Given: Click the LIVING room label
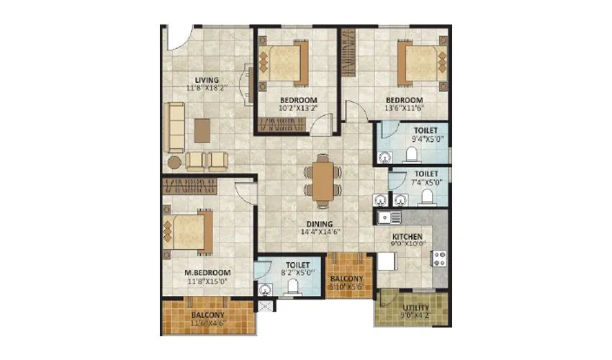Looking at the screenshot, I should tap(206, 79).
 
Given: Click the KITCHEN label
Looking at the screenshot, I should tap(407, 235).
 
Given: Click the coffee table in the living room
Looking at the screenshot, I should tap(202, 130).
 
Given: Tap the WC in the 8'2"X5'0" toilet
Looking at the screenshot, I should tap(292, 287).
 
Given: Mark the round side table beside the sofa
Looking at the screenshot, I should tap(174, 161).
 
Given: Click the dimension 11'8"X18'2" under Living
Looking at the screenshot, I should tap(206, 89).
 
